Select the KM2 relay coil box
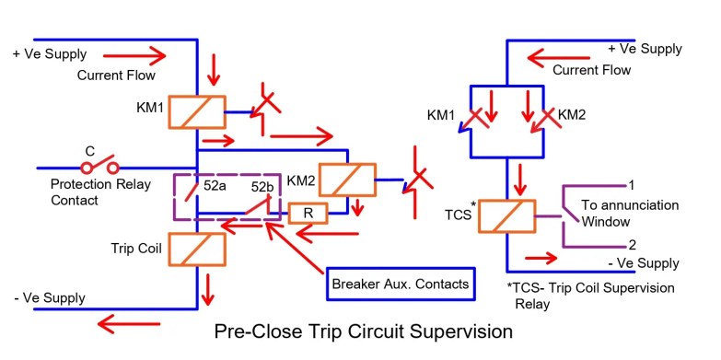pyautogui.click(x=348, y=179)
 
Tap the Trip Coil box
pyautogui.click(x=197, y=250)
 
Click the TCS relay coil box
pyautogui.click(x=506, y=216)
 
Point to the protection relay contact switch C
pyautogui.click(x=100, y=168)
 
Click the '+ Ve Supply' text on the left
pyautogui.click(x=48, y=52)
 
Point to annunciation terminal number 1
pyautogui.click(x=632, y=184)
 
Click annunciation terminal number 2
pyautogui.click(x=632, y=245)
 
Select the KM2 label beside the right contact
pyautogui.click(x=573, y=114)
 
